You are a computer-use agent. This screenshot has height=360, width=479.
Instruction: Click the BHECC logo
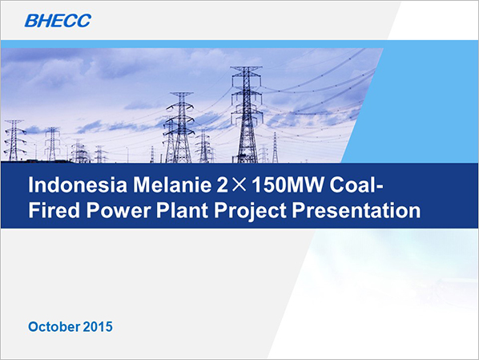pos(58,21)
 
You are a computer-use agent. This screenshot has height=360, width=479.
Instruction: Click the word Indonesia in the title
pos(78,185)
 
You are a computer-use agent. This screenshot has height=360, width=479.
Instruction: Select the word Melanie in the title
pos(172,185)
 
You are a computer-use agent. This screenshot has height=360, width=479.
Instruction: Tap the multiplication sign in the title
pos(239,185)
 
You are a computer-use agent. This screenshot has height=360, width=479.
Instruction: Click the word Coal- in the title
pos(356,185)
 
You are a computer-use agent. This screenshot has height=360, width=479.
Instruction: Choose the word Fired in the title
pos(54,210)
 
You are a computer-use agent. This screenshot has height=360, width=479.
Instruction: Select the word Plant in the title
pos(182,210)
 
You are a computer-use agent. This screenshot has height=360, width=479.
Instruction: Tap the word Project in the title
pos(250,212)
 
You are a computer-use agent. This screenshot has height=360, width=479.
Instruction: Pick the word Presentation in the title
pos(356,210)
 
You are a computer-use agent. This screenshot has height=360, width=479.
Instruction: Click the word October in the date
pos(54,326)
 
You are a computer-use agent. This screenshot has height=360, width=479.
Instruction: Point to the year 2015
pos(98,326)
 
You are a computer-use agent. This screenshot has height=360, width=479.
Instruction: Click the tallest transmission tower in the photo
pos(246,114)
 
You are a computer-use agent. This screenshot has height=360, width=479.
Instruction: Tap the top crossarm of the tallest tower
pos(246,68)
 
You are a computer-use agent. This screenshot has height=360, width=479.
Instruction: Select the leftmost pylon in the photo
pos(14,140)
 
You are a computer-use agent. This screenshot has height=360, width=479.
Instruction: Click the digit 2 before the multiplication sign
pos(222,185)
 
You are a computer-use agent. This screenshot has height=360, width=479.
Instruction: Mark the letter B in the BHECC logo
pos(31,21)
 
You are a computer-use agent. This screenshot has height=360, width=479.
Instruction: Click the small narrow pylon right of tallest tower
pos(275,148)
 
